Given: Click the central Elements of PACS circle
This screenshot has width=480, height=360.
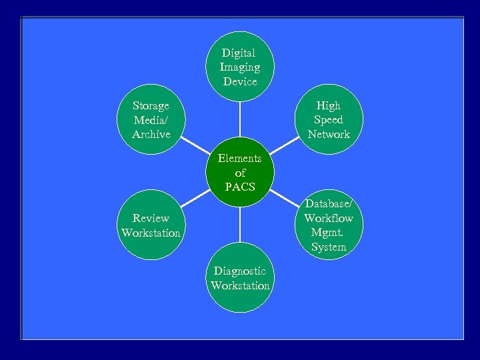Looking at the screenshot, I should (x=240, y=173).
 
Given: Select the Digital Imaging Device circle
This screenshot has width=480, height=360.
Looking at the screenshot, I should (x=240, y=67).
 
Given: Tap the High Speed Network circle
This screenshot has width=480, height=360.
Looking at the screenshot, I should (x=329, y=120).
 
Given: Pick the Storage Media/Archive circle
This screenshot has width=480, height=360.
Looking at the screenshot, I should (x=151, y=120).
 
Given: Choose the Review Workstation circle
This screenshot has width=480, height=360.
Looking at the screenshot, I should (x=151, y=225).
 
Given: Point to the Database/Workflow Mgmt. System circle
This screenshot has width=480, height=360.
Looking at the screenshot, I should (x=329, y=225).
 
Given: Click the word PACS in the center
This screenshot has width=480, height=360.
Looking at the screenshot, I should (x=240, y=187).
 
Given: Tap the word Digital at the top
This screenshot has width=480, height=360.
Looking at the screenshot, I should (x=239, y=53).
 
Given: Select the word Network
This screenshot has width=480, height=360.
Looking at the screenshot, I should (x=329, y=134).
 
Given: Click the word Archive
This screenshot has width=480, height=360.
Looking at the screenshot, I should (x=151, y=134).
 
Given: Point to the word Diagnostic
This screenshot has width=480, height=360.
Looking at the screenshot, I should (x=240, y=271).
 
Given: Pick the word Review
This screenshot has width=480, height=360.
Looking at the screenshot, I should (x=151, y=218).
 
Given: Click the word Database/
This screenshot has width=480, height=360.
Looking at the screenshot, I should (x=329, y=203).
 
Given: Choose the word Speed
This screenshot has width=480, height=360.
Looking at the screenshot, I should (x=329, y=120).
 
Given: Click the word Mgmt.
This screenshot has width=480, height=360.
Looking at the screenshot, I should (x=327, y=233).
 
